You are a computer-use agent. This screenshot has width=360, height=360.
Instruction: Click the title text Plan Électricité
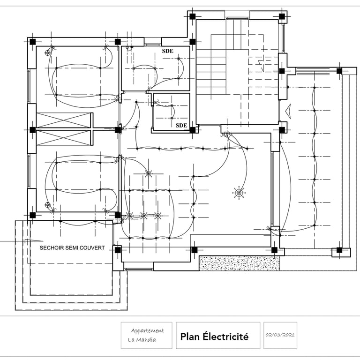(x=214, y=337)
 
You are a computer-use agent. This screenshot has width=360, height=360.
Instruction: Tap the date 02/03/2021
(x=280, y=336)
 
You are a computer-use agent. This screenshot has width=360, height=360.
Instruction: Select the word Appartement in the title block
(x=147, y=330)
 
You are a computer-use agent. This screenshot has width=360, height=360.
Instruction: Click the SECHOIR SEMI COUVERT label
(x=72, y=247)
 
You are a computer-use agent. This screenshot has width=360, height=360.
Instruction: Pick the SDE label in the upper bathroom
(x=168, y=51)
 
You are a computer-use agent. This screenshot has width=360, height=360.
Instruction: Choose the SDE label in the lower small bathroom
(x=181, y=125)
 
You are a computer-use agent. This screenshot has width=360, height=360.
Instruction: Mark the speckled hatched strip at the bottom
(x=240, y=263)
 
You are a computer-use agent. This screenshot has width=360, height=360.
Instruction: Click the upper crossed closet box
(x=63, y=120)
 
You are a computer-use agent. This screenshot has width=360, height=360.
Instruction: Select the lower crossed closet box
(x=63, y=138)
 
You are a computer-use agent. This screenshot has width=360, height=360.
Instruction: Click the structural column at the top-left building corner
(x=33, y=42)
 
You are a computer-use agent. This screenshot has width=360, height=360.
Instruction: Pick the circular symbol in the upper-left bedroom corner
(x=47, y=52)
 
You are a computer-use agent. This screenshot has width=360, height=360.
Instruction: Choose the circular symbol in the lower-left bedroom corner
(x=47, y=204)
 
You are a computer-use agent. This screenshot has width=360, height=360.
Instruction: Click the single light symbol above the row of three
(x=149, y=173)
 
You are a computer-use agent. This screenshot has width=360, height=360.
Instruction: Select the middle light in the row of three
(x=143, y=216)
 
